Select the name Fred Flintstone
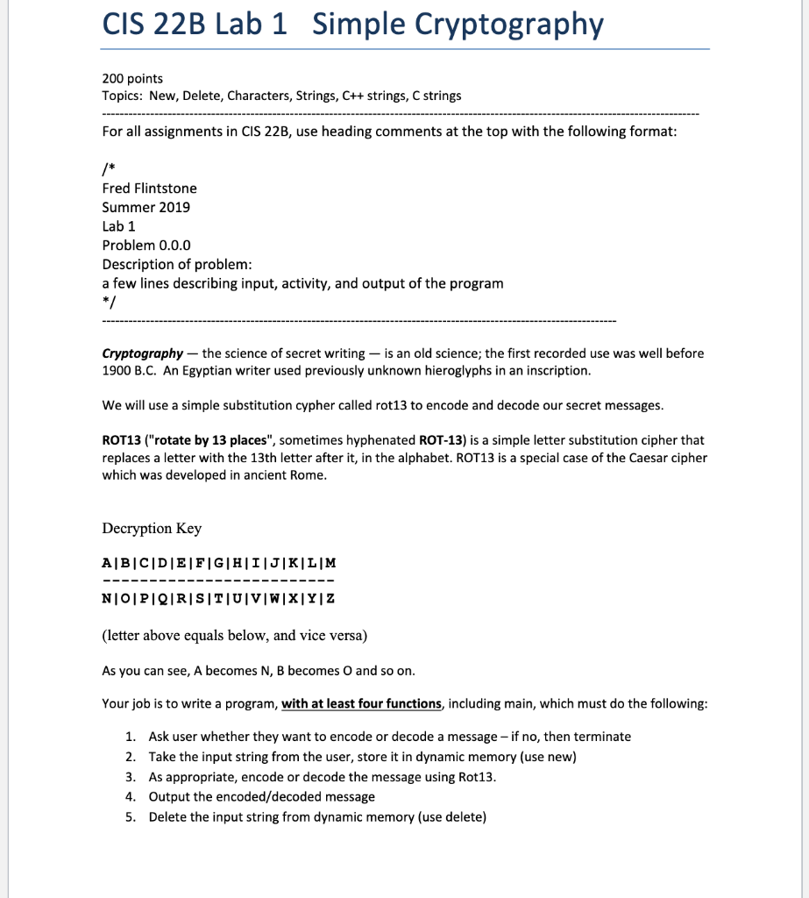(150, 189)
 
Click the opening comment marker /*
(108, 169)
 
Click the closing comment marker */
(108, 303)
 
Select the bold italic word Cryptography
(143, 353)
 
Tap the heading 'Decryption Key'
(152, 528)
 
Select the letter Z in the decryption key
(330, 598)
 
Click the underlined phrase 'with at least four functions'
(361, 703)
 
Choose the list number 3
(130, 777)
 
